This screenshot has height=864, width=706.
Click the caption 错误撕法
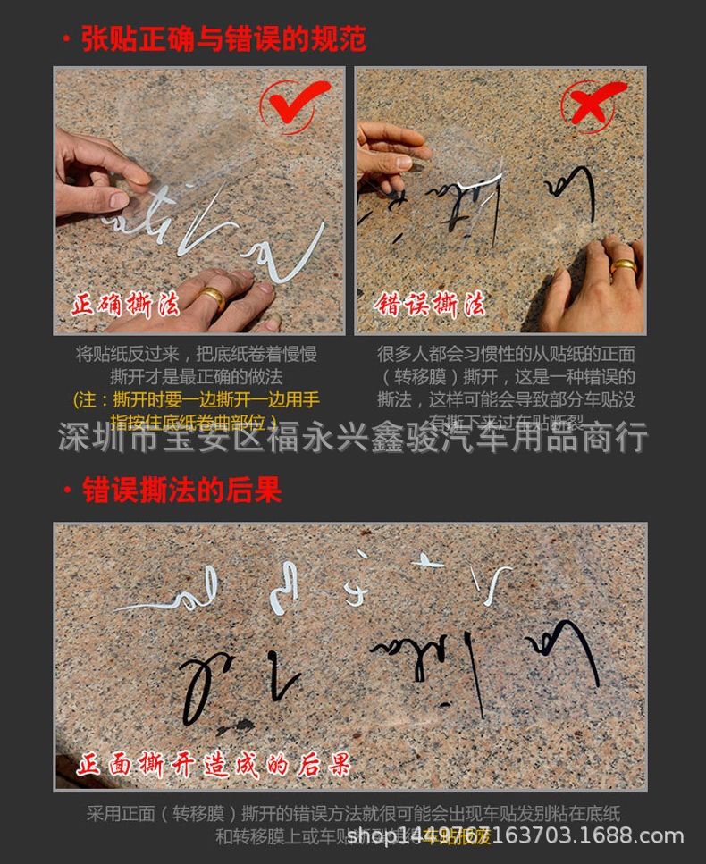click(x=431, y=306)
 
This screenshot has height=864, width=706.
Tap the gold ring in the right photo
click(x=623, y=266)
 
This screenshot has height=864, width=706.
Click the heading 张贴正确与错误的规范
click(x=223, y=39)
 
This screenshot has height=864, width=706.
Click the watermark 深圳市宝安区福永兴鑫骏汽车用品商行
click(x=353, y=439)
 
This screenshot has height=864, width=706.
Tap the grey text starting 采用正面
click(x=353, y=814)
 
